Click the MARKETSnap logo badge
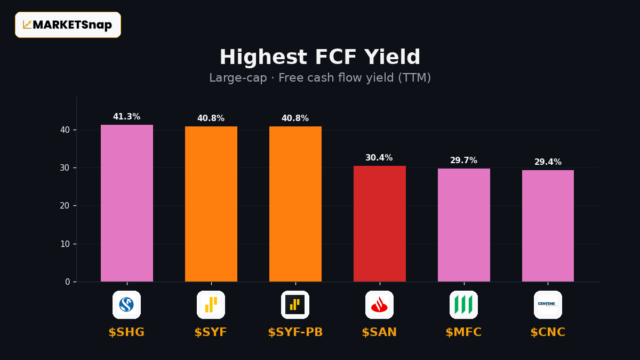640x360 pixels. (68, 25)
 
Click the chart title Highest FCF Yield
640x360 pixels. (320, 57)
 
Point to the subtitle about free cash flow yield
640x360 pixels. (320, 78)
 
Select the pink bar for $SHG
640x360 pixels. (127, 203)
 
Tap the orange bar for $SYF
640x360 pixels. (211, 204)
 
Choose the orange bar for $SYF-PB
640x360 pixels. (295, 204)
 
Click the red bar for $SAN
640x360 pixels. (380, 223)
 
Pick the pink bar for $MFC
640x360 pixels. (464, 225)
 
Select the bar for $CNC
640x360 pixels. (548, 226)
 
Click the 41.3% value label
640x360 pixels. (126, 117)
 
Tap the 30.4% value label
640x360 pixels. (379, 158)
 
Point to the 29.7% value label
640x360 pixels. (463, 161)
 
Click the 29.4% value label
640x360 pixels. (548, 162)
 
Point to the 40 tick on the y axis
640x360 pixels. (65, 130)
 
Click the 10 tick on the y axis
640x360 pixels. (65, 244)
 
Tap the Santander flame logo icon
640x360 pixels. (379, 305)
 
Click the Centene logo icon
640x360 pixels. (548, 305)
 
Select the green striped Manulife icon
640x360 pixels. (463, 305)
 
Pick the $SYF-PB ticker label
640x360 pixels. (295, 332)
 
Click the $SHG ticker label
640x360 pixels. (126, 332)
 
